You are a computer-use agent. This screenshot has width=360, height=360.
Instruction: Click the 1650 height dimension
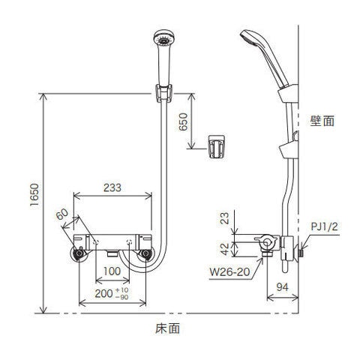click(34, 195)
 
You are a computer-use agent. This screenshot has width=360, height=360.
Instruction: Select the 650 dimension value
click(183, 121)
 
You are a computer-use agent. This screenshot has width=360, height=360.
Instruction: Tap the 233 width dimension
click(112, 187)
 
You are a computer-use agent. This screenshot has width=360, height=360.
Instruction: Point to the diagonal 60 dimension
click(62, 214)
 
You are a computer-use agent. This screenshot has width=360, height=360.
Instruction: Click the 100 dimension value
click(112, 271)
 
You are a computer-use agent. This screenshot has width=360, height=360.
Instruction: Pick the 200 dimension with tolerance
click(112, 293)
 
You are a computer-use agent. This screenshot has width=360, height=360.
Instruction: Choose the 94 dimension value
click(282, 287)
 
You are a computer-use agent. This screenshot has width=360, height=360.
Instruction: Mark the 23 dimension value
click(225, 218)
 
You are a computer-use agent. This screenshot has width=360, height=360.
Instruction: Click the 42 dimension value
click(225, 249)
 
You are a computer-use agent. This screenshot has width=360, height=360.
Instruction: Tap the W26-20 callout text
click(229, 271)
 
